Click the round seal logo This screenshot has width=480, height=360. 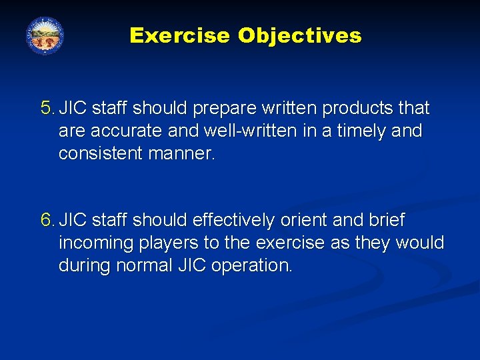pos(45,35)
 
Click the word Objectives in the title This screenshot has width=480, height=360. pos(299,35)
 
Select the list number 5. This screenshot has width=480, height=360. pos(47,108)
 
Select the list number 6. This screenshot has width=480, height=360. pos(47,220)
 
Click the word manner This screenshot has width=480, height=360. pos(181,153)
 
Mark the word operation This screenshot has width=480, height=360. pos(251,265)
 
